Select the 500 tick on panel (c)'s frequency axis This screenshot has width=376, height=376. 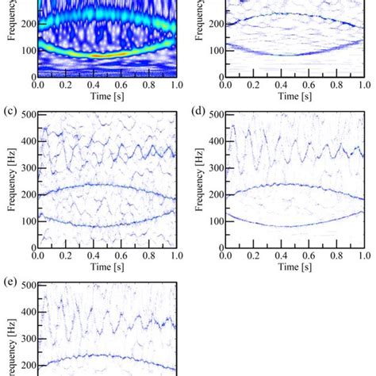coord(28,116)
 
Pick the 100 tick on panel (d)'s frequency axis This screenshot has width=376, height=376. coord(216,220)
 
